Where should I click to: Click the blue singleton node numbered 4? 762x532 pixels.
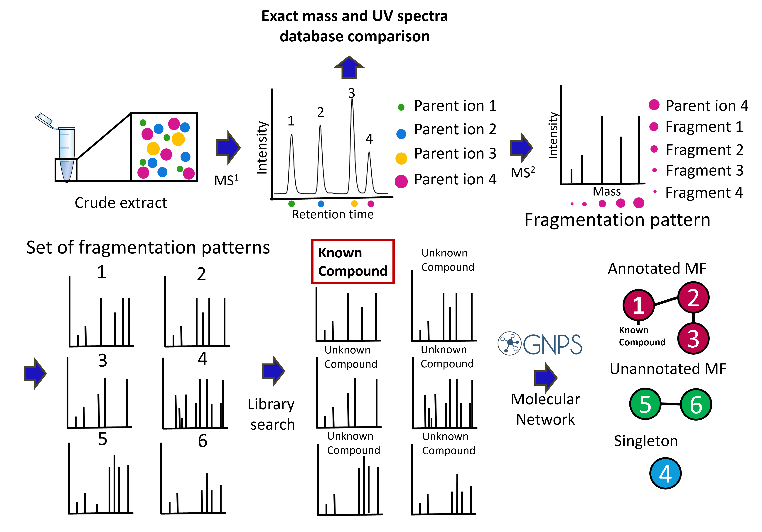click(665, 473)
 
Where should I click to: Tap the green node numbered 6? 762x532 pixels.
click(696, 404)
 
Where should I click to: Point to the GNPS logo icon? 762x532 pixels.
click(509, 343)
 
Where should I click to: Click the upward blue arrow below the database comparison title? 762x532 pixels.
click(349, 67)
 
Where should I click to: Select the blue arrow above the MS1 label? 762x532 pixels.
click(228, 148)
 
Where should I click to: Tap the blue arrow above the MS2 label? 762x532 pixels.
click(521, 148)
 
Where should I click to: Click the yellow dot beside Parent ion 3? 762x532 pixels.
click(401, 158)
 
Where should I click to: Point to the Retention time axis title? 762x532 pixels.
click(333, 214)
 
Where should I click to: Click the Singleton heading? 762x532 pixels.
click(645, 441)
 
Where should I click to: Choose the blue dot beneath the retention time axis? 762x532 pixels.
click(321, 204)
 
